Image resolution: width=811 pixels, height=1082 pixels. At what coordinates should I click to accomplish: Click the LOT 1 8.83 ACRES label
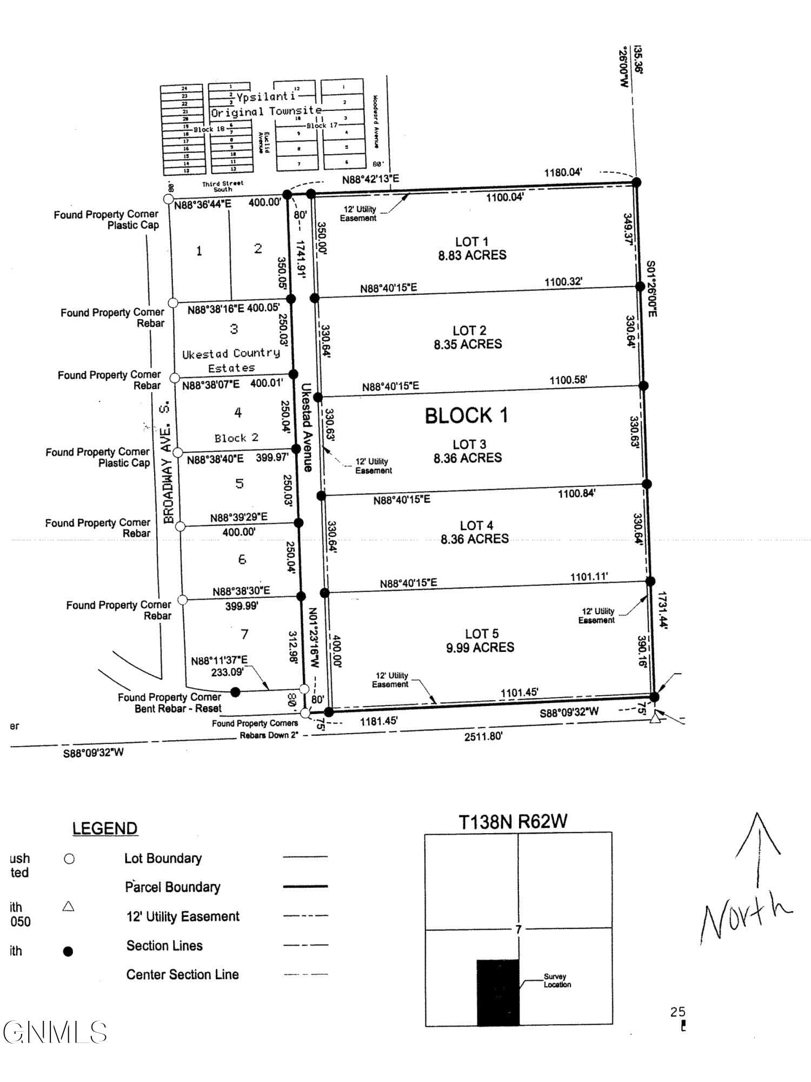click(x=472, y=249)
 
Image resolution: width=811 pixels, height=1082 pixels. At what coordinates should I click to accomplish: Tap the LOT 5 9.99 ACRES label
click(x=480, y=641)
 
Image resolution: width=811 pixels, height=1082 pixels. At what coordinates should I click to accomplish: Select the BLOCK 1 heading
click(x=466, y=415)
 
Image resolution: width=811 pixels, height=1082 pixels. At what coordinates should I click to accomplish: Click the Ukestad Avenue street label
click(x=307, y=427)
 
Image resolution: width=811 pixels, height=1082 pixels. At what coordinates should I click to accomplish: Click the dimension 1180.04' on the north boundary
click(x=563, y=173)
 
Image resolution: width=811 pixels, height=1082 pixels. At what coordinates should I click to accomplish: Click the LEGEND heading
click(x=105, y=828)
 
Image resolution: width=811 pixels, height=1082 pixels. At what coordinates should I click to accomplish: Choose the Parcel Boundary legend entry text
click(x=172, y=887)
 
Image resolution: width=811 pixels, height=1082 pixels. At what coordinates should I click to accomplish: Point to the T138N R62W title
click(x=513, y=822)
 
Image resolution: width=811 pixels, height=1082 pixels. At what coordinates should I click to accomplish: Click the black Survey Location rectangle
click(x=498, y=992)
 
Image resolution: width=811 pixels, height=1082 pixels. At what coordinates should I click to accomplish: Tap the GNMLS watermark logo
click(x=54, y=1032)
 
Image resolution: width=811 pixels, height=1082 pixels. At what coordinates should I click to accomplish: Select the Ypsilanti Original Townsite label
click(x=266, y=104)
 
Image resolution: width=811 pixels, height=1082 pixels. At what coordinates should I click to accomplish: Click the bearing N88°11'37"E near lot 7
click(x=220, y=661)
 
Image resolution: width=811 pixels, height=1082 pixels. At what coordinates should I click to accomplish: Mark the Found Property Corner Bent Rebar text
click(x=170, y=703)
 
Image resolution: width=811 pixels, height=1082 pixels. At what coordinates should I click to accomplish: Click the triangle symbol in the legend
click(x=68, y=906)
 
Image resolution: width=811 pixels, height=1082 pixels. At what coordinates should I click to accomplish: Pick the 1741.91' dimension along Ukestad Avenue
click(x=301, y=259)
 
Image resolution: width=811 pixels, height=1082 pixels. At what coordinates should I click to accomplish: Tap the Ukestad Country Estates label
click(x=231, y=360)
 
